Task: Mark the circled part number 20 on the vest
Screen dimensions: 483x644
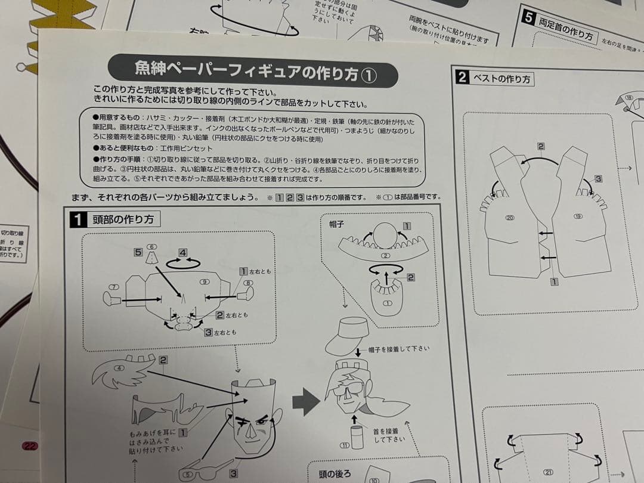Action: tap(509, 218)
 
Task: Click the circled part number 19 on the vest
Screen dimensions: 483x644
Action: tap(577, 216)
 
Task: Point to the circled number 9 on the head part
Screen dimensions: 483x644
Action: tap(205, 281)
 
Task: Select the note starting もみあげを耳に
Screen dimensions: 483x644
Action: tap(156, 439)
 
